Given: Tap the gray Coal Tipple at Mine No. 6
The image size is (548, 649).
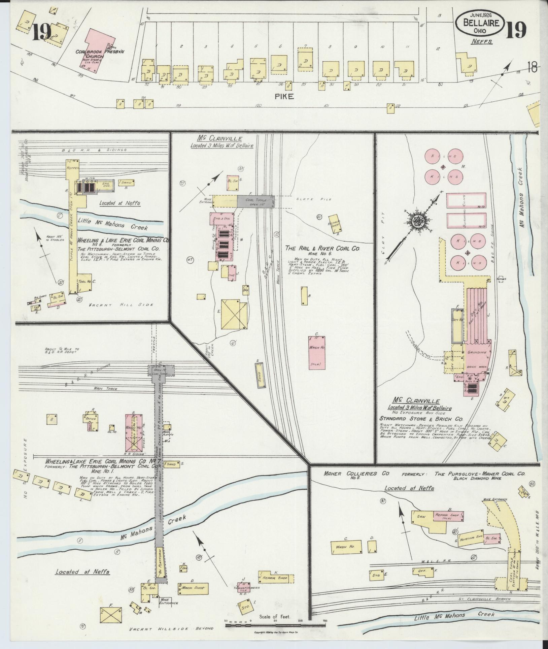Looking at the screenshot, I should click(x=255, y=201).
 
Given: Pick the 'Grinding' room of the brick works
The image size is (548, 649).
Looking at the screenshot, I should click(x=477, y=352).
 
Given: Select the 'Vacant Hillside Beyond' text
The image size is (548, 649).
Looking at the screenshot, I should click(x=172, y=628).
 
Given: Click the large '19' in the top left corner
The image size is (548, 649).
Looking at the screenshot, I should click(x=42, y=32).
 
